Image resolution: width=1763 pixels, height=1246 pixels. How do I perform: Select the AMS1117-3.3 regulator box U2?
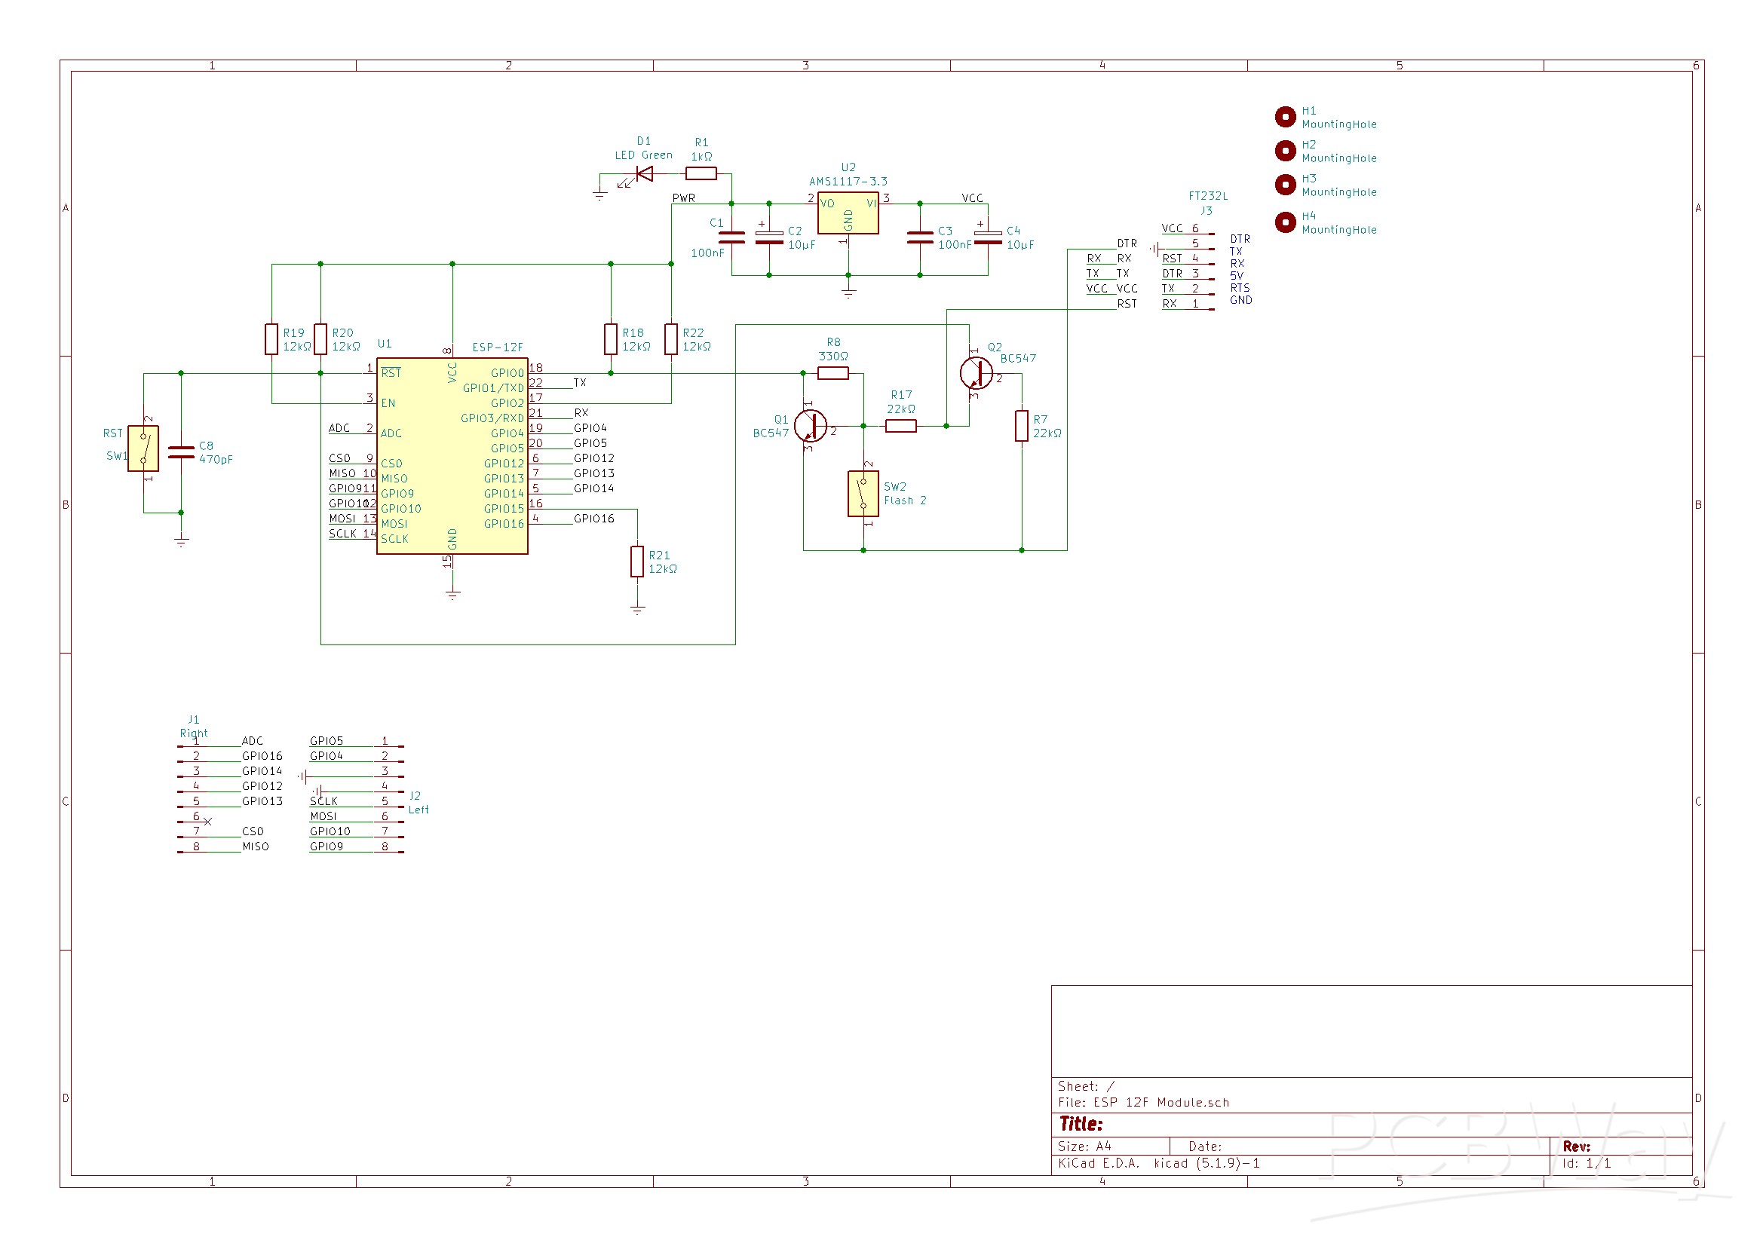click(x=848, y=213)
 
